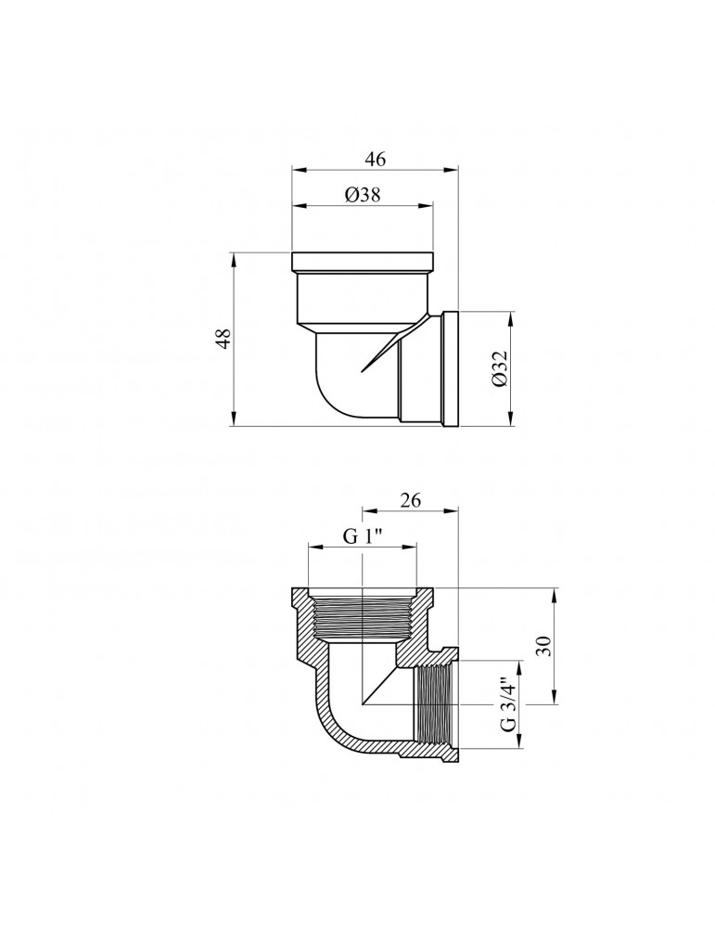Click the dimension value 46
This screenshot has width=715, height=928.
coord(375,159)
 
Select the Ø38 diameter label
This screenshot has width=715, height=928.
coord(363,194)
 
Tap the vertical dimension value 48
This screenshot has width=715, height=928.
coord(222,339)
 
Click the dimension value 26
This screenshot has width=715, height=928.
coord(411,499)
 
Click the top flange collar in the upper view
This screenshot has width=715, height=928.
coord(363,260)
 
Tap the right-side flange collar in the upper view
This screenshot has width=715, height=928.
coord(452,368)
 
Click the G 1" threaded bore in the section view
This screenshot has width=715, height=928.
coord(364,617)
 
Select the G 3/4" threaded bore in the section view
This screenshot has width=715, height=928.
coord(434,710)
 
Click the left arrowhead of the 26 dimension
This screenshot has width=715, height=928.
coord(365,509)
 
